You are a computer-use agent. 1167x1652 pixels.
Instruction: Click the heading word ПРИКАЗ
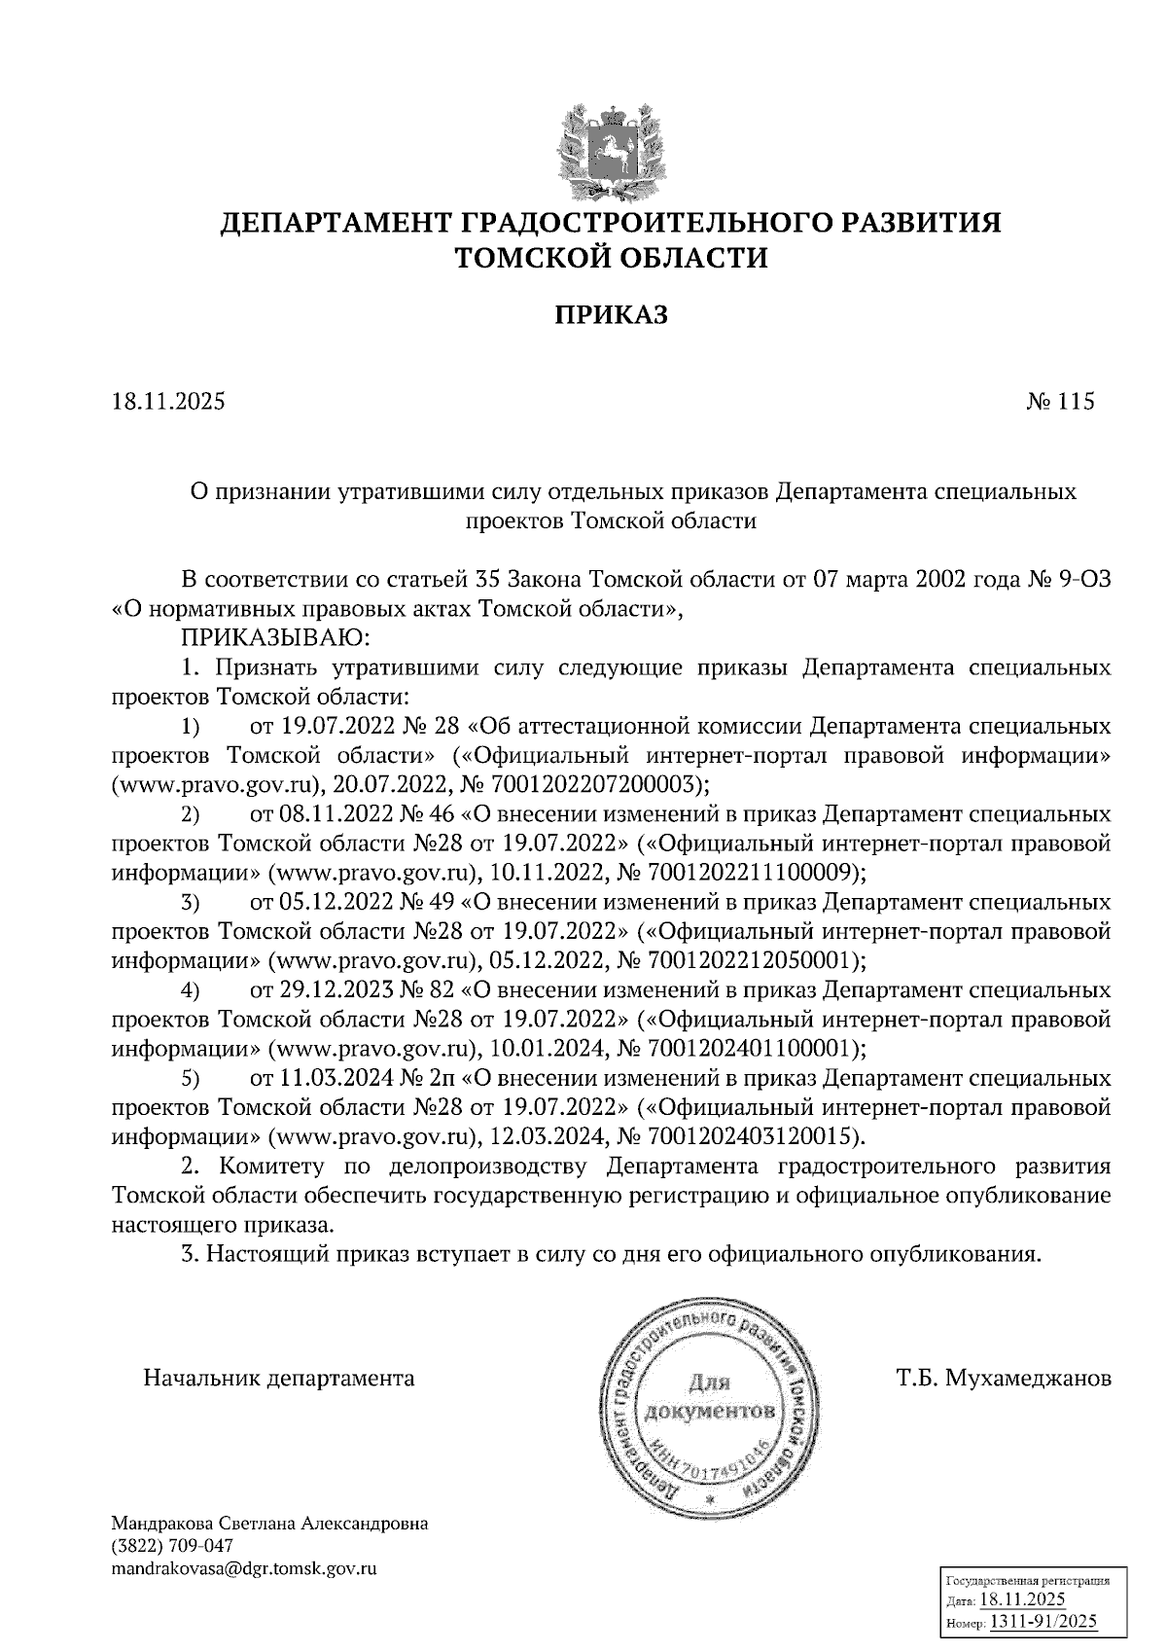pos(611,314)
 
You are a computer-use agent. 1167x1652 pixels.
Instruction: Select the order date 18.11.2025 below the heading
pos(168,401)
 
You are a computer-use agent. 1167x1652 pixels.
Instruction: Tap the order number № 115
pos(1060,401)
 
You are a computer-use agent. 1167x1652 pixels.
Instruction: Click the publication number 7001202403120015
pos(758,1135)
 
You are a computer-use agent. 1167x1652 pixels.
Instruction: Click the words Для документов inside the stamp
pos(710,1397)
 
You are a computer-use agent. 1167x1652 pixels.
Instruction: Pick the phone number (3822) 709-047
pos(172,1546)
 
